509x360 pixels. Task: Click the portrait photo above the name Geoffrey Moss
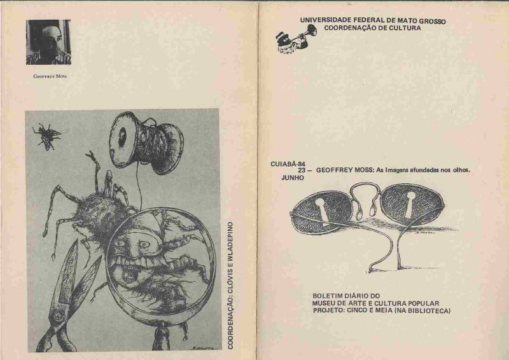[x=48, y=42]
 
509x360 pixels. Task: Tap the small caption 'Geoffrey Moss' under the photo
[x=50, y=76]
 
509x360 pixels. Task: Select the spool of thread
[x=147, y=142]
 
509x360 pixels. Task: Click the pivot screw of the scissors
[x=59, y=315]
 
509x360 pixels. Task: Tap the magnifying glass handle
[x=162, y=337]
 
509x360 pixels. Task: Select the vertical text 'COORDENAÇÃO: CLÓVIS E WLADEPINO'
[x=230, y=286]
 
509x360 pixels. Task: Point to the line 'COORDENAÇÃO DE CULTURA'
[x=372, y=28]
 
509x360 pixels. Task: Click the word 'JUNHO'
[x=293, y=178]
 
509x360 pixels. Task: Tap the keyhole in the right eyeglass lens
[x=410, y=204]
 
